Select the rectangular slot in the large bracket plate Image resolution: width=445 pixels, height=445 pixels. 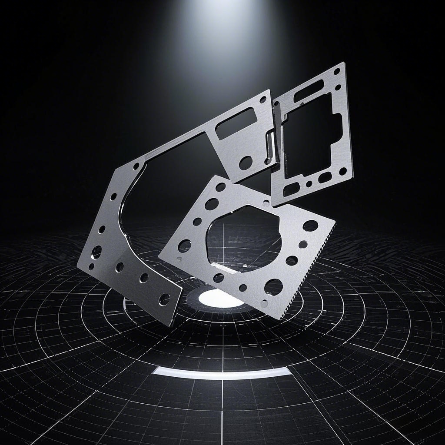tap(236, 123)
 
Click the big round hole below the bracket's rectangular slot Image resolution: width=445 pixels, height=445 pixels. tap(246, 163)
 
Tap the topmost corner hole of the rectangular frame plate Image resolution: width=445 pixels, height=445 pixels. tap(337, 71)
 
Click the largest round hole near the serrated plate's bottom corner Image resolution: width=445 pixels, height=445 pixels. tap(273, 286)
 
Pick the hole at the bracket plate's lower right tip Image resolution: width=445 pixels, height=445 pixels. tap(164, 299)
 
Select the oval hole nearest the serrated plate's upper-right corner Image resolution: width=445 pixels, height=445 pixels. tap(310, 225)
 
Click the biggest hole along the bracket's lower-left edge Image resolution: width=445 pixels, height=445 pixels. tap(96, 251)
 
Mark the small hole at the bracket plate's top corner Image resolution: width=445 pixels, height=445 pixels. tap(263, 99)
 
